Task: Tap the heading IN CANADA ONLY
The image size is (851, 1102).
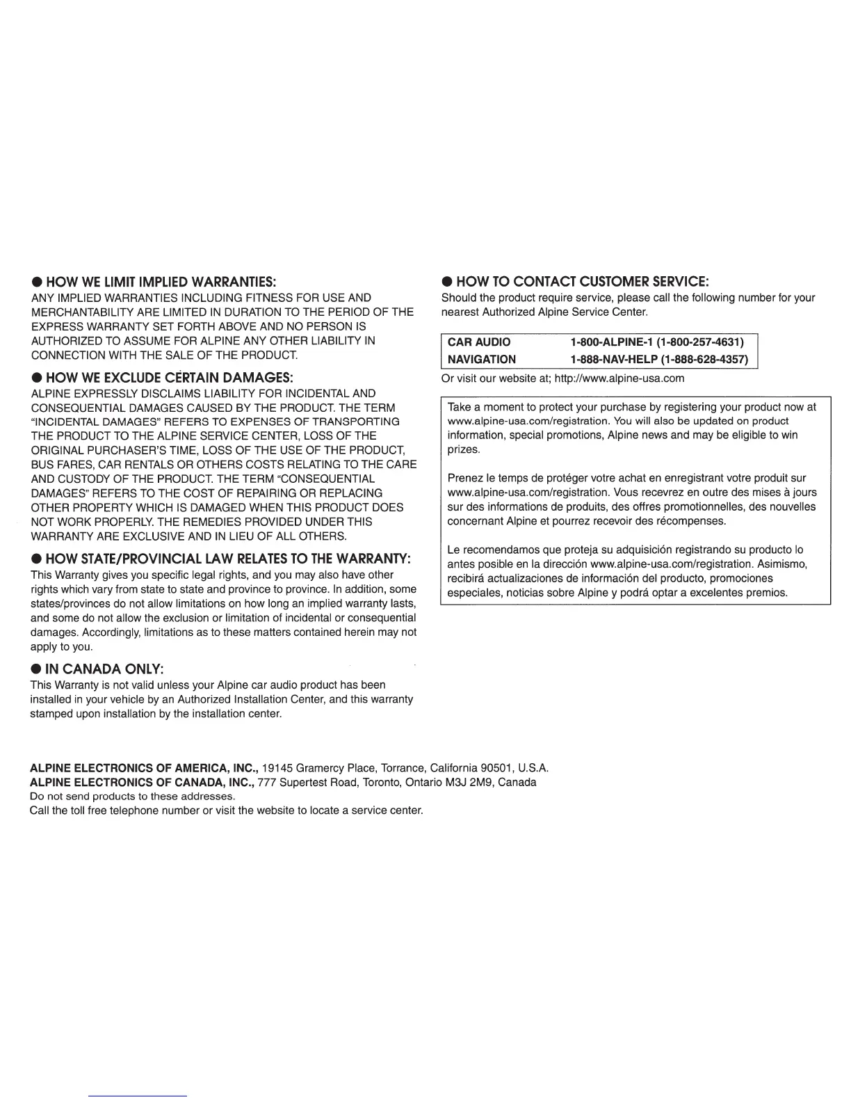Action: (104, 669)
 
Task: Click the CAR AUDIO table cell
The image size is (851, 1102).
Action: (479, 342)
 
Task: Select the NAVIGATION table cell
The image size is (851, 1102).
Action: (482, 360)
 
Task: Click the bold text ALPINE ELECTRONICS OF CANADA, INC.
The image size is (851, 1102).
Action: (141, 782)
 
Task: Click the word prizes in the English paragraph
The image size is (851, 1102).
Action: (464, 449)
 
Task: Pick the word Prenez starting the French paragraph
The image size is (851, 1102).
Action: (464, 478)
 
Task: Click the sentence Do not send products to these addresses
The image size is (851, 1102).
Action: (133, 796)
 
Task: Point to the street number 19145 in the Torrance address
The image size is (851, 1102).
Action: (278, 769)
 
